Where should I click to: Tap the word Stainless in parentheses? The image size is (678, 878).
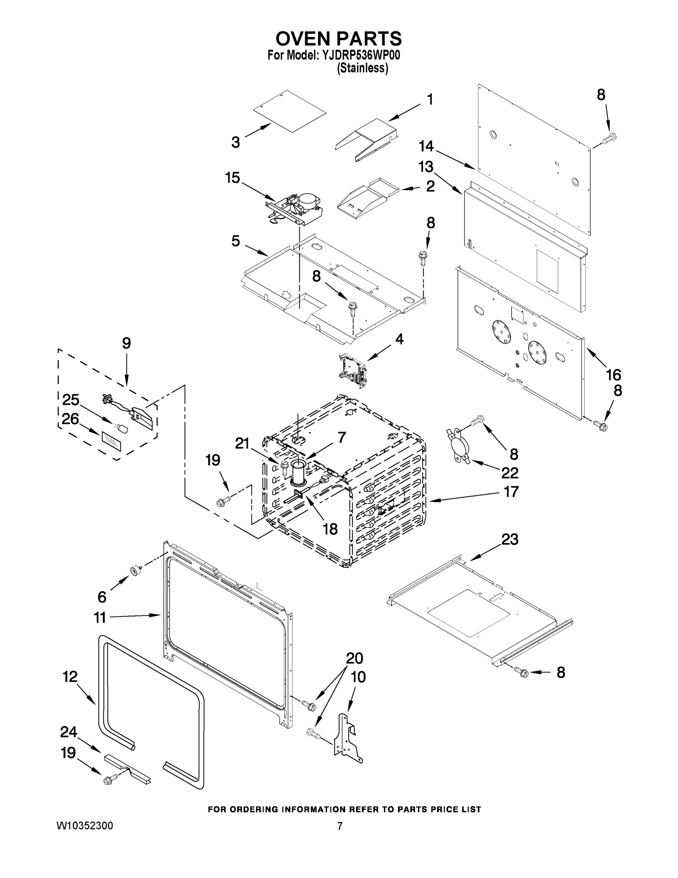coord(362,68)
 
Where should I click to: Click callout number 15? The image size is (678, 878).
coord(232,177)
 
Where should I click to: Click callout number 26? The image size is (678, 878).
coord(70,419)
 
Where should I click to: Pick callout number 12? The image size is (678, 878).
coord(70,676)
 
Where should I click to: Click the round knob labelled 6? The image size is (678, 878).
coord(135,570)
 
